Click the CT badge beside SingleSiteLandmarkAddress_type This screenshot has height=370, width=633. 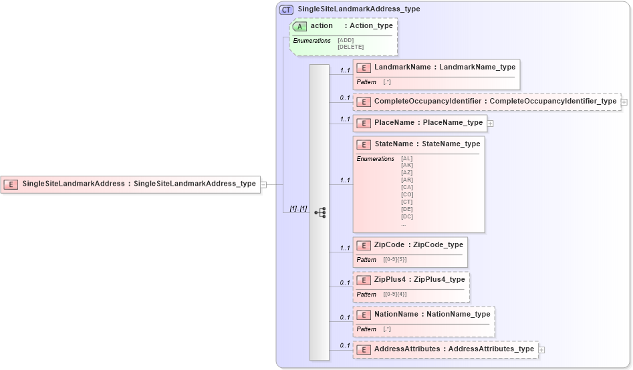pyautogui.click(x=286, y=9)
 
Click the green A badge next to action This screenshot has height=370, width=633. pyautogui.click(x=300, y=26)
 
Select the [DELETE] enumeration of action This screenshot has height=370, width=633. pyautogui.click(x=350, y=47)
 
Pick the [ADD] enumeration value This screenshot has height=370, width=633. pyautogui.click(x=346, y=40)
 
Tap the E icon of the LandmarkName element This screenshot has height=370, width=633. pyautogui.click(x=364, y=67)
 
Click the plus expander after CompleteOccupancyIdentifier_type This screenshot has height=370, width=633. pyautogui.click(x=624, y=102)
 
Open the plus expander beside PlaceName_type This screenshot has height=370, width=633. pyautogui.click(x=490, y=123)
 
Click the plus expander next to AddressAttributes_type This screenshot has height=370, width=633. pyautogui.click(x=541, y=349)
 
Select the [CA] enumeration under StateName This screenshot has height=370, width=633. pyautogui.click(x=406, y=188)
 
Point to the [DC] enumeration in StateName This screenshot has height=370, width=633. pyautogui.click(x=406, y=216)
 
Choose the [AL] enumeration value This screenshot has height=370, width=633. pyautogui.click(x=406, y=159)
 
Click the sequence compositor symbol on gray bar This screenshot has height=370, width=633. pyautogui.click(x=320, y=212)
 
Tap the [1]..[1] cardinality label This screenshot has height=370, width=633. pyautogui.click(x=298, y=209)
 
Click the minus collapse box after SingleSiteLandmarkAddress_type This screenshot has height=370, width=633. pyautogui.click(x=263, y=184)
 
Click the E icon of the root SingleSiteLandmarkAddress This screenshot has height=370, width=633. pyautogui.click(x=11, y=184)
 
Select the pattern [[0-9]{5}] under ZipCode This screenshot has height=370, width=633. pyautogui.click(x=394, y=259)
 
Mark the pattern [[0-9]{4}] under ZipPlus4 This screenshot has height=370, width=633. pyautogui.click(x=394, y=294)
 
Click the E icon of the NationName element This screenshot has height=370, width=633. pyautogui.click(x=364, y=315)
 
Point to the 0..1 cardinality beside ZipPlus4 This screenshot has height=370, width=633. pyautogui.click(x=344, y=283)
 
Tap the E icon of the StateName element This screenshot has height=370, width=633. pyautogui.click(x=364, y=144)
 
